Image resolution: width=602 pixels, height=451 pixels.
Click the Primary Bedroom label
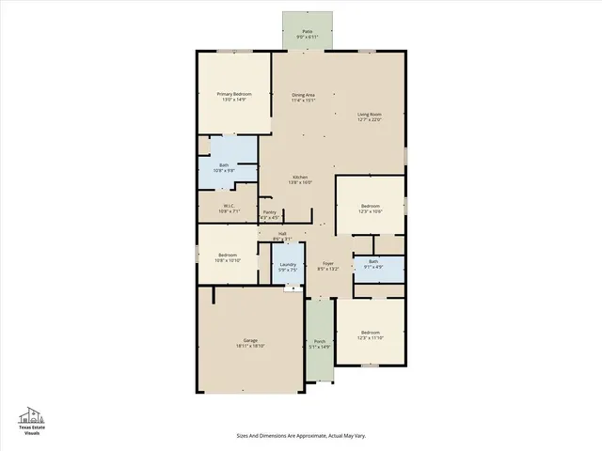pyautogui.click(x=233, y=94)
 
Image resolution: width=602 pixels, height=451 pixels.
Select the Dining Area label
pyautogui.click(x=303, y=95)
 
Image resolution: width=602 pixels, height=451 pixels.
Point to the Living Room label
pyautogui.click(x=371, y=115)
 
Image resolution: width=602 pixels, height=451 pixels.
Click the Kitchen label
pyautogui.click(x=300, y=178)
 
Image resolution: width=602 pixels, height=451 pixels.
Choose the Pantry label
pyautogui.click(x=270, y=212)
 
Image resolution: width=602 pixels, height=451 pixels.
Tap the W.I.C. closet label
pyautogui.click(x=229, y=206)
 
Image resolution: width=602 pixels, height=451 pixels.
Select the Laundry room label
pyautogui.click(x=288, y=264)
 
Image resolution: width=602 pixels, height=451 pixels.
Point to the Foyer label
pyautogui.click(x=328, y=263)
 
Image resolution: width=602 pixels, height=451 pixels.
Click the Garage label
pyautogui.click(x=250, y=340)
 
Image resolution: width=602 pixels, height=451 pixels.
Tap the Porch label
pyautogui.click(x=319, y=341)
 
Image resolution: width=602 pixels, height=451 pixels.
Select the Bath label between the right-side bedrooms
pyautogui.click(x=373, y=262)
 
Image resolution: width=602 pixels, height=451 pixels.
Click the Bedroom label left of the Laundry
pyautogui.click(x=227, y=255)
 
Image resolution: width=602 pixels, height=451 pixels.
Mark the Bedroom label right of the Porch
pyautogui.click(x=371, y=333)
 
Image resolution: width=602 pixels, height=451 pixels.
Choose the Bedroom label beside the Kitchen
pyautogui.click(x=371, y=206)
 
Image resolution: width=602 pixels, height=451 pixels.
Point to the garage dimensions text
pyautogui.click(x=250, y=346)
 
